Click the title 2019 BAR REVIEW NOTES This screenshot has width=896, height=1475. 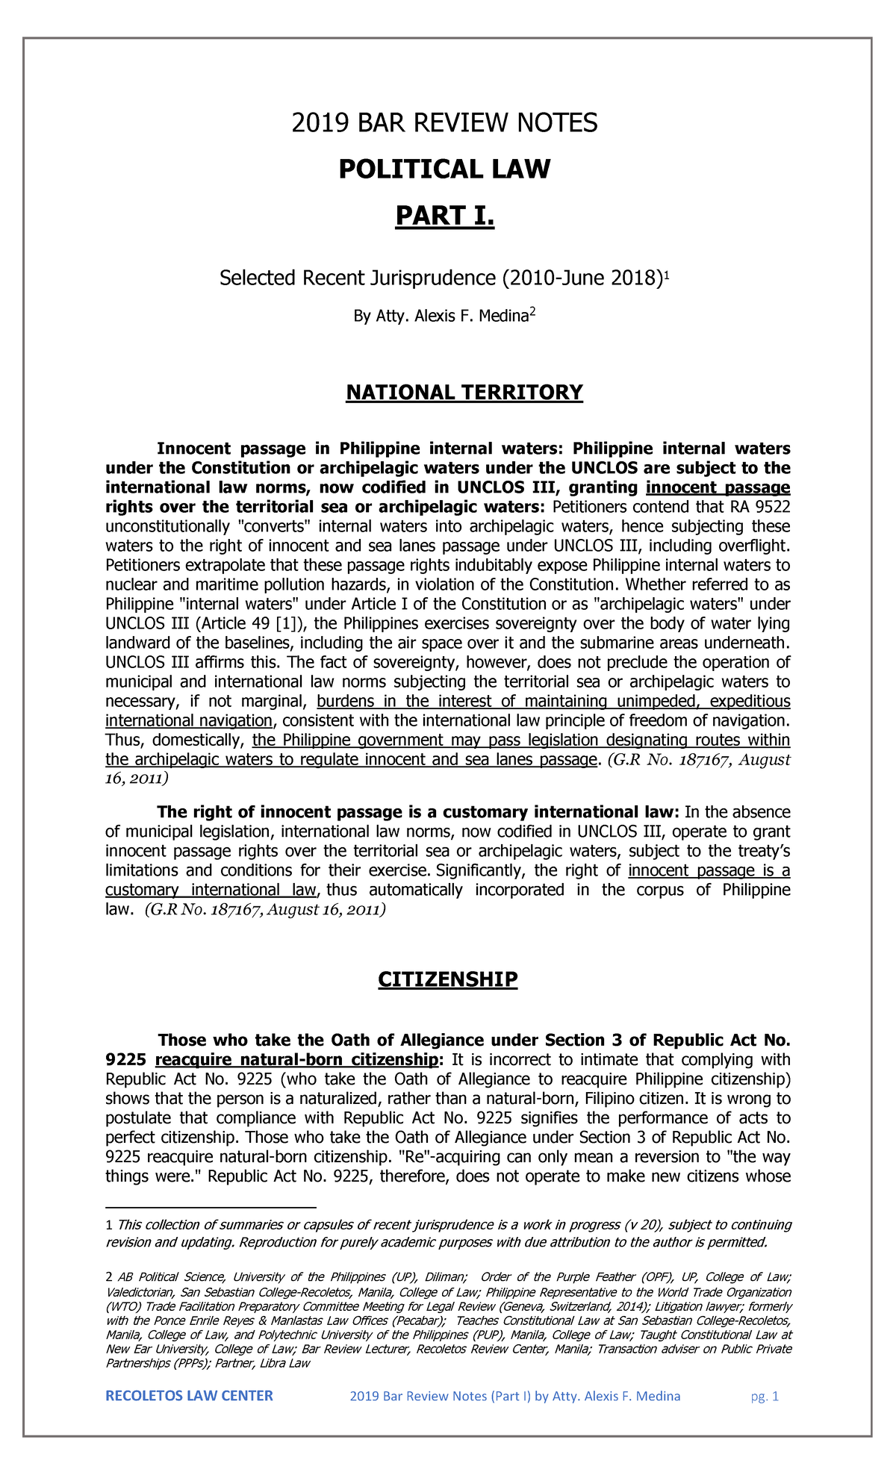(x=444, y=123)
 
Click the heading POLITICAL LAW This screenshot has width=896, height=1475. (x=444, y=169)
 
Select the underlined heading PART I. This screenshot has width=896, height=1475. (x=444, y=216)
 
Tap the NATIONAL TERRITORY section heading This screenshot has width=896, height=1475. (x=464, y=393)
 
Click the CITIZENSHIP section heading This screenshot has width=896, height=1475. (x=447, y=979)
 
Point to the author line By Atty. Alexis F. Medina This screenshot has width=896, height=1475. (x=441, y=316)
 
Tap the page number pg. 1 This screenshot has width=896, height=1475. (x=765, y=1397)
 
